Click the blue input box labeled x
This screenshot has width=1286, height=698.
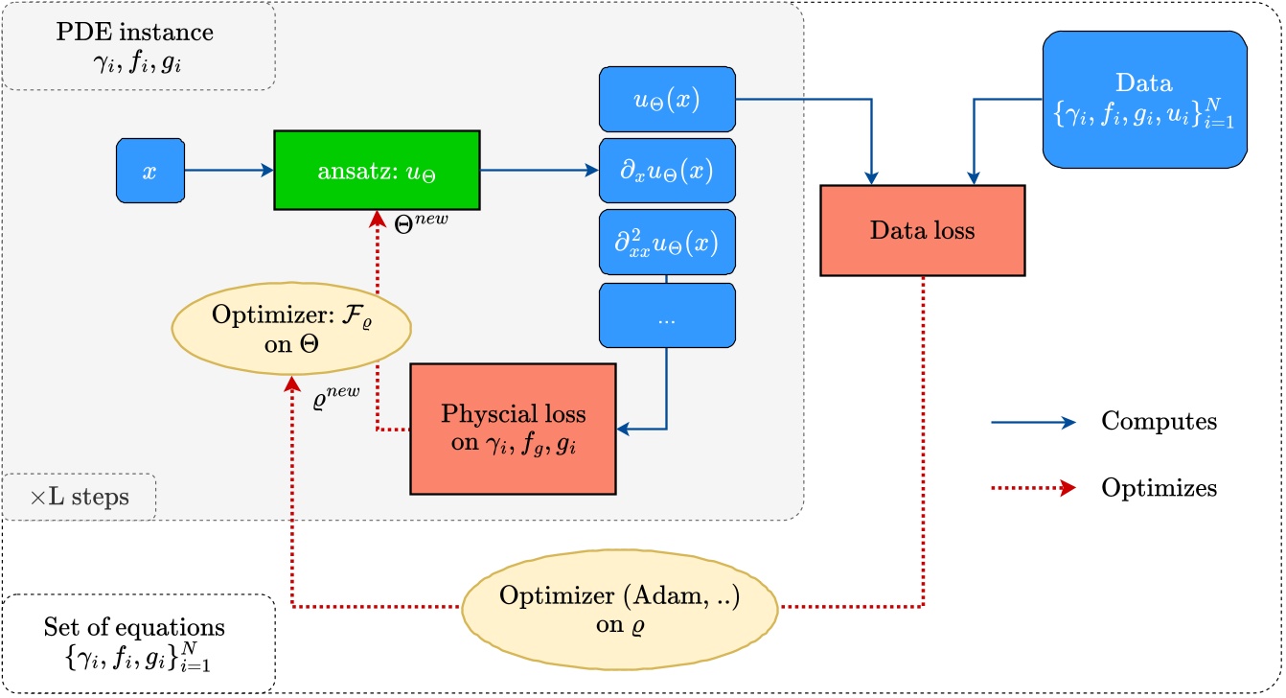pyautogui.click(x=149, y=171)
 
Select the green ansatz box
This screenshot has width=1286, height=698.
pyautogui.click(x=377, y=171)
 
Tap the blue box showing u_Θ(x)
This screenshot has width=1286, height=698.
pyautogui.click(x=667, y=99)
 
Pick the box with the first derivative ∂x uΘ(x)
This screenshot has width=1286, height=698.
pyautogui.click(x=667, y=171)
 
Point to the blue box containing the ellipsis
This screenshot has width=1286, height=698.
pyautogui.click(x=667, y=314)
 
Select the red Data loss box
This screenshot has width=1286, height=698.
pyautogui.click(x=922, y=231)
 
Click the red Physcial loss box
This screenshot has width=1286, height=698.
pyautogui.click(x=513, y=428)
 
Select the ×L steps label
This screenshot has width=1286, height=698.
pyautogui.click(x=79, y=499)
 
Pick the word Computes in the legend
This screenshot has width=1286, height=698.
pyautogui.click(x=1160, y=421)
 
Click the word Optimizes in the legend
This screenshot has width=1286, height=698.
pyautogui.click(x=1160, y=488)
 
